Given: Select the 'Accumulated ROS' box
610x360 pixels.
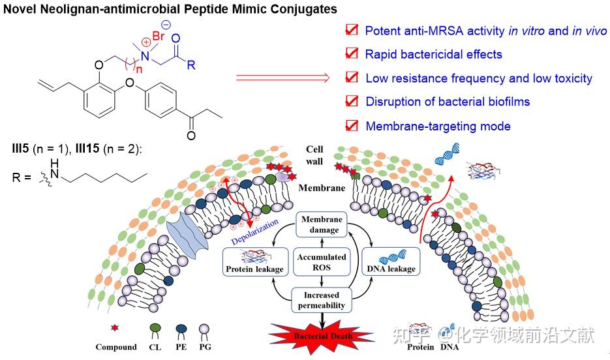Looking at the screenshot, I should tap(321, 262).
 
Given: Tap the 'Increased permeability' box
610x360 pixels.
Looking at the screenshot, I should tap(320, 300).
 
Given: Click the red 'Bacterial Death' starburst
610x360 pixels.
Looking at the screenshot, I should tap(320, 336).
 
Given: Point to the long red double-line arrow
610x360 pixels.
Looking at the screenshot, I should tap(282, 78).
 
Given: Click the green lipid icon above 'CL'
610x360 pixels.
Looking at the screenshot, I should tap(155, 328).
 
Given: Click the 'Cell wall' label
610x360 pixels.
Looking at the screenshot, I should tap(315, 155).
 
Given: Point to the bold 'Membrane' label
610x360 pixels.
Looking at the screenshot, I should tap(321, 188).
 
